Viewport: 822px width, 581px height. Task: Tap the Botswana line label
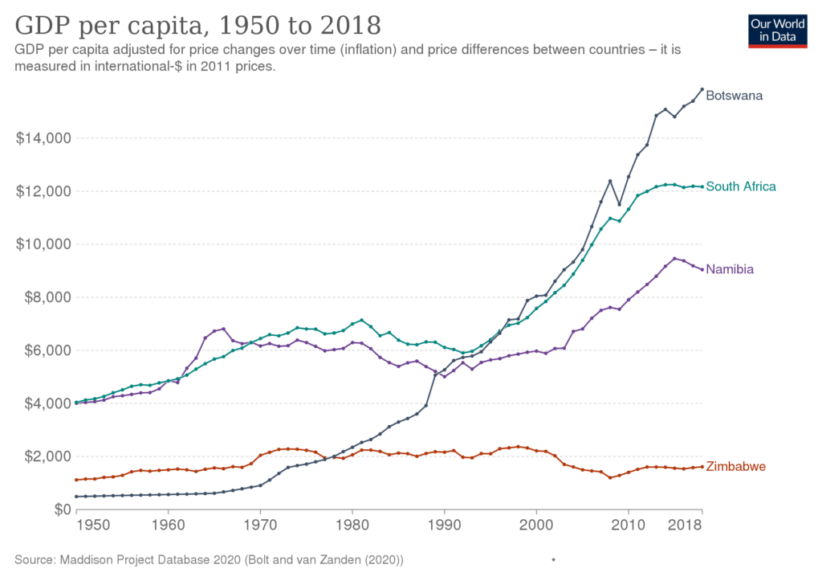tap(734, 96)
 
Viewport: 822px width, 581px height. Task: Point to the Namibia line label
tap(730, 270)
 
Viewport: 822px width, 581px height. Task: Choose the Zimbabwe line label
tap(735, 467)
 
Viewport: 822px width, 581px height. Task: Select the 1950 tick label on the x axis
tap(92, 526)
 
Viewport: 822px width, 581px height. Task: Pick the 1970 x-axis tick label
tap(259, 526)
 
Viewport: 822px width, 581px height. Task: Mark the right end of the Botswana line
tap(702, 89)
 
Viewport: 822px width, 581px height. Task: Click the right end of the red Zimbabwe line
tap(702, 467)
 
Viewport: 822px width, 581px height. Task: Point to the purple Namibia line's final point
tap(702, 268)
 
